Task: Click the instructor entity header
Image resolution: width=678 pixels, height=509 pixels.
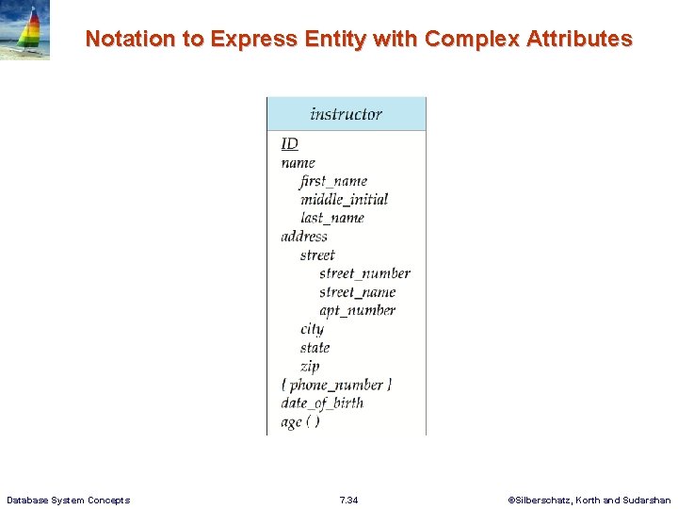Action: (x=346, y=114)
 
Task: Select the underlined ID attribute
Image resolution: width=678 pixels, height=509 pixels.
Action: (x=289, y=143)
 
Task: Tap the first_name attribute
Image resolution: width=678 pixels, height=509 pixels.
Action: (x=333, y=181)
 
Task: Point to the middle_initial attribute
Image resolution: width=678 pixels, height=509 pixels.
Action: (x=344, y=199)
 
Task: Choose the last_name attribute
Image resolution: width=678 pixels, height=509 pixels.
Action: (x=331, y=218)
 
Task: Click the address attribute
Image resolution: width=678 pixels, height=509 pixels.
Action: (x=304, y=237)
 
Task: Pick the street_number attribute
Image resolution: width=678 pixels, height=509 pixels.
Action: (x=364, y=273)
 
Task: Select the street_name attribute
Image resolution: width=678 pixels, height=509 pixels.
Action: (x=357, y=292)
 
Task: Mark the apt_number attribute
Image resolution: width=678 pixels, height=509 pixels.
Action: (x=357, y=310)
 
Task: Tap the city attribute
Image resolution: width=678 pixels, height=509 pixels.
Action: (x=312, y=329)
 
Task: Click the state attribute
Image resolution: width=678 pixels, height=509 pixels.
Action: (x=315, y=348)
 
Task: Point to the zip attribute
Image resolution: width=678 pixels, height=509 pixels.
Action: (x=310, y=366)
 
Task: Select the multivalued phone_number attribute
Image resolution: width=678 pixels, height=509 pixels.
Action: (x=336, y=385)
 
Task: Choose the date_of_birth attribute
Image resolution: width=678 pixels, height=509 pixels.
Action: (x=322, y=402)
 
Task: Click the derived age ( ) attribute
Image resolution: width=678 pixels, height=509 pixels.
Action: (x=300, y=421)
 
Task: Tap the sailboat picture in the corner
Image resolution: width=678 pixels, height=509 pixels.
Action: (x=25, y=30)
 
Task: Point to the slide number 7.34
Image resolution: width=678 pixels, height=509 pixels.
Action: (x=348, y=500)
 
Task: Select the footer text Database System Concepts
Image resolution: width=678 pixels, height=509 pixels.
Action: (x=68, y=500)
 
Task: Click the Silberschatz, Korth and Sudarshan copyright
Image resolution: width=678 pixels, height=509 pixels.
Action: (x=589, y=500)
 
